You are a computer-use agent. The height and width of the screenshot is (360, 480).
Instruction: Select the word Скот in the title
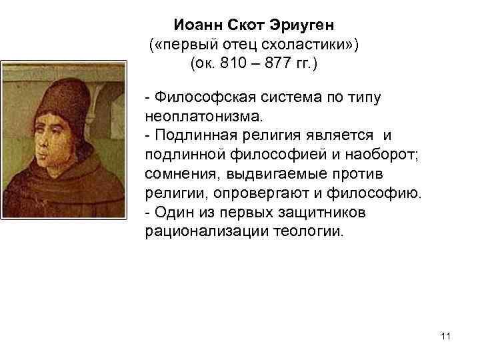point(247,25)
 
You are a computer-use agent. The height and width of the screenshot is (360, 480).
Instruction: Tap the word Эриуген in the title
point(303,25)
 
